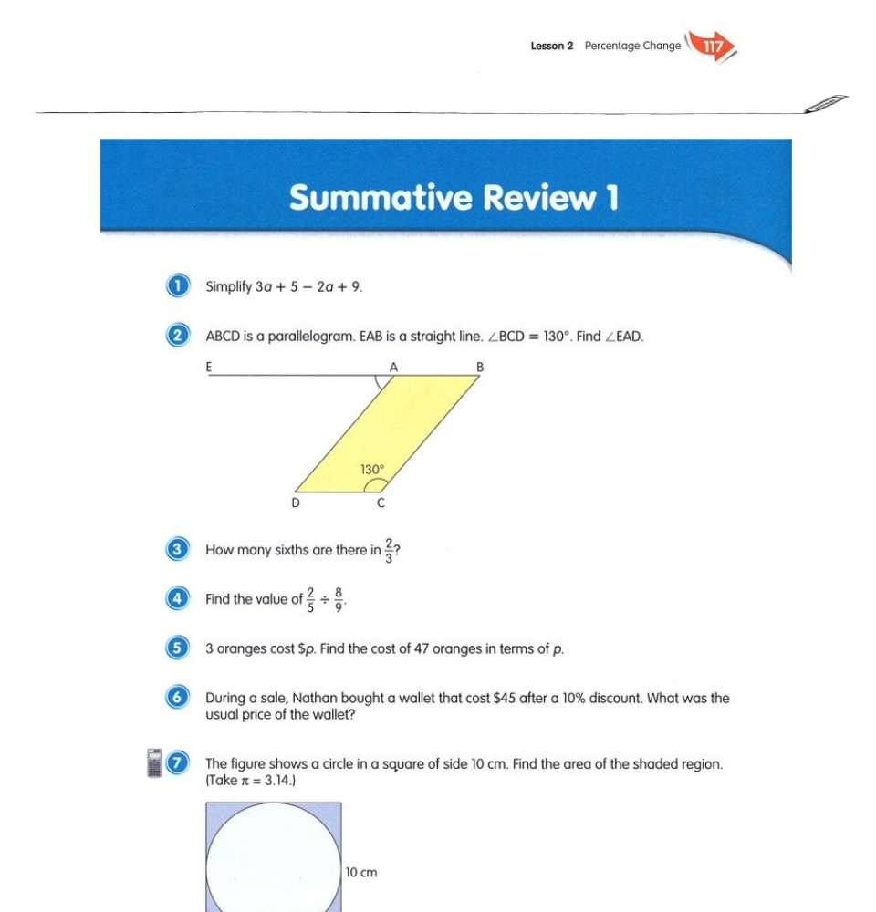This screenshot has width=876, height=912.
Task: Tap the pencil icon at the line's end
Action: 827,103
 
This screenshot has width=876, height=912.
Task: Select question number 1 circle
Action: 178,286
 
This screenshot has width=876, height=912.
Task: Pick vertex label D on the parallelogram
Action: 295,503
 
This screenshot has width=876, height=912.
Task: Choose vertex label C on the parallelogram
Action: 381,503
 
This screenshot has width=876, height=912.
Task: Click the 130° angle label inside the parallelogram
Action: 371,470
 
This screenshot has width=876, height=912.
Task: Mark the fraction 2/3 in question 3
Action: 389,550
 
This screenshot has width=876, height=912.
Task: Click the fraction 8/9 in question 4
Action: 339,599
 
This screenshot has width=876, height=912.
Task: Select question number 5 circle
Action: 178,649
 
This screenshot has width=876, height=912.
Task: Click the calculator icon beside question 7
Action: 154,763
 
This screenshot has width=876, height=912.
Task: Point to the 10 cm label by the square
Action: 361,873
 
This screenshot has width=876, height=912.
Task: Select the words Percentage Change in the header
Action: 632,46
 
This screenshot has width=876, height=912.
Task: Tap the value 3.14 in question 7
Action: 277,781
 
